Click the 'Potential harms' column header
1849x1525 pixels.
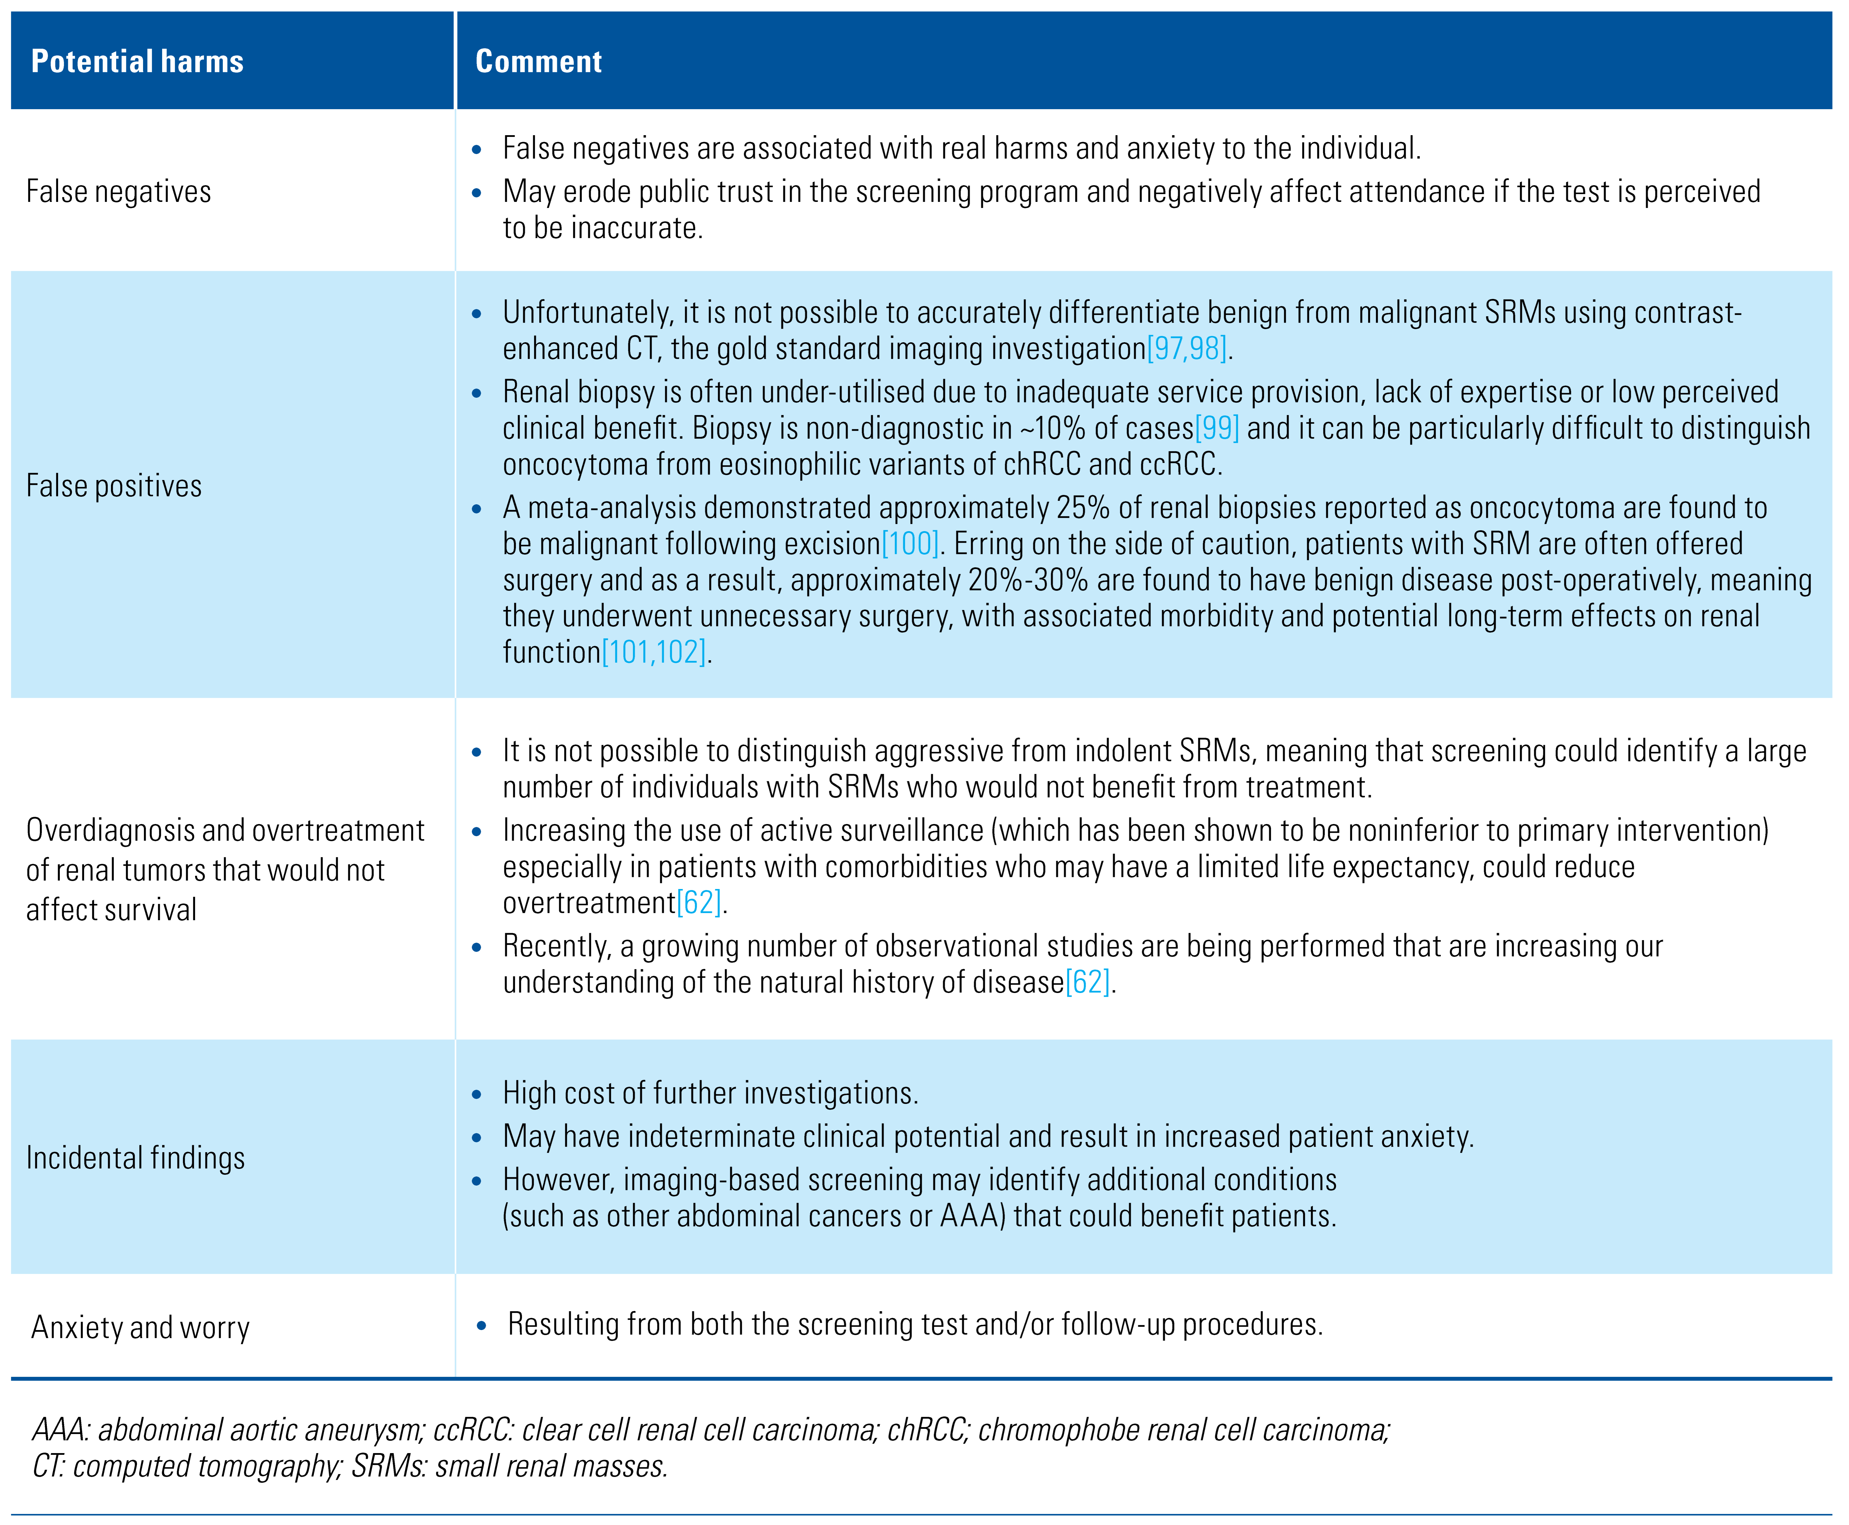[x=137, y=62]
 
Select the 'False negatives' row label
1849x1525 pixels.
[x=119, y=191]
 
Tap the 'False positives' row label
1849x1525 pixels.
[x=114, y=486]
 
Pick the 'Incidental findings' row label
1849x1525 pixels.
[x=135, y=1158]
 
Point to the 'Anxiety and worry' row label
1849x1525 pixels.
[x=141, y=1327]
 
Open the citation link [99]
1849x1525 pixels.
[x=1217, y=428]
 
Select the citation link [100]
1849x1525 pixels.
[x=910, y=544]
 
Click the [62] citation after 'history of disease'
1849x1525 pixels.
[x=1088, y=982]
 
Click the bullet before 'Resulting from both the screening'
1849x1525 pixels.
[x=481, y=1326]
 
